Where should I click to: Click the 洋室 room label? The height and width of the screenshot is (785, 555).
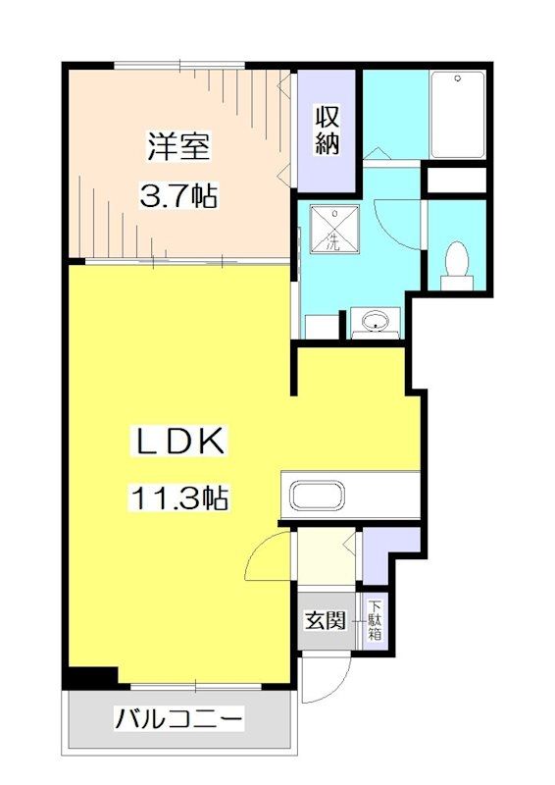pos(179,148)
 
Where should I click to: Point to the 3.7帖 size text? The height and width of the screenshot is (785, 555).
pos(177,196)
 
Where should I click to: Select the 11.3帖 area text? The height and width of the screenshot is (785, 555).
pos(177,499)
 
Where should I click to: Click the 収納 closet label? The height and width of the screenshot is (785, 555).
pos(328,131)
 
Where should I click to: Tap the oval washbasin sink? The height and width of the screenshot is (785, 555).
pos(375,321)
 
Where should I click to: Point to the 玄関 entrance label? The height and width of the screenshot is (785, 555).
pos(325,620)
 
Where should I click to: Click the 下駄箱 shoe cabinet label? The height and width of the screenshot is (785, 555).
pos(376,620)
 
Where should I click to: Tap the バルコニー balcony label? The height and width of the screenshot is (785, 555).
pos(178,720)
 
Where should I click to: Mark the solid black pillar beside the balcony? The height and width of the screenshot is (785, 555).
pos(91,677)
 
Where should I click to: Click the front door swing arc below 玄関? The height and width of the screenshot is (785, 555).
pos(324,677)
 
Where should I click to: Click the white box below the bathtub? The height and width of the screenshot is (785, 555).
pos(457,181)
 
